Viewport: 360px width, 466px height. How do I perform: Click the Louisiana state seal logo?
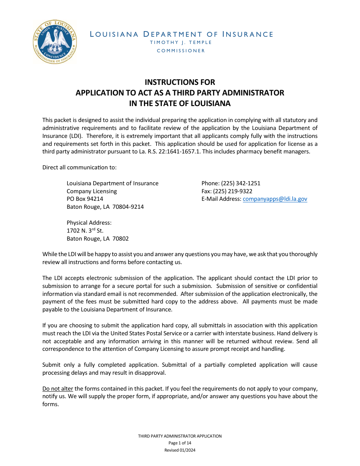point(55,42)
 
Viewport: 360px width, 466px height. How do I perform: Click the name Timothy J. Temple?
point(181,42)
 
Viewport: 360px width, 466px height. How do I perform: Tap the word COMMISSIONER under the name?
point(181,51)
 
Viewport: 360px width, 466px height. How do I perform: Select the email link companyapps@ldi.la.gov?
point(275,199)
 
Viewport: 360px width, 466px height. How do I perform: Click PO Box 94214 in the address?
point(85,199)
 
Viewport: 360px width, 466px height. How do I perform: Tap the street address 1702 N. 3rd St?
point(85,230)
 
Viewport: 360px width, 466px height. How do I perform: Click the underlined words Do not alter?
point(58,389)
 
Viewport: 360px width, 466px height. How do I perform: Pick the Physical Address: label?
point(89,223)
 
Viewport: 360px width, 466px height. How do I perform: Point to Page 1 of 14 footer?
point(180,443)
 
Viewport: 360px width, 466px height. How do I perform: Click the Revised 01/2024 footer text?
point(180,450)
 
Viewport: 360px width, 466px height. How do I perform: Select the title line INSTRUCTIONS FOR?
point(180,82)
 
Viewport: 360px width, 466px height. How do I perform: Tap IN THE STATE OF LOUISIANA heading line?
point(180,103)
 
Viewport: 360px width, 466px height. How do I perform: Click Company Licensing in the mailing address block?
point(92,191)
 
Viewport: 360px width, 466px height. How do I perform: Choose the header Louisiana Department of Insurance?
point(181,34)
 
